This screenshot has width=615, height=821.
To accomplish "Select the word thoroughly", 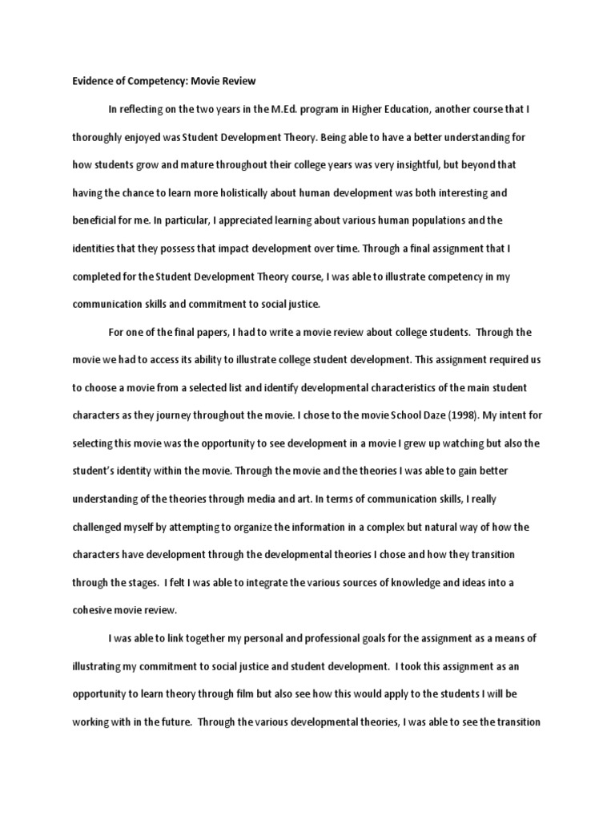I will pos(101,137).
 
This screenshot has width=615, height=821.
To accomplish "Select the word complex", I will pos(410,527).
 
